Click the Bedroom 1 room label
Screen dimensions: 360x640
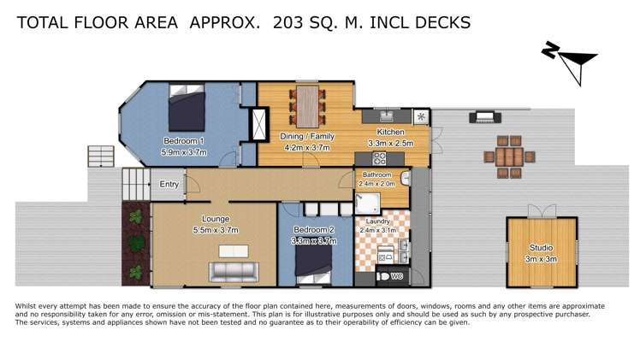click(x=183, y=141)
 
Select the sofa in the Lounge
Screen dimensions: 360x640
click(x=234, y=272)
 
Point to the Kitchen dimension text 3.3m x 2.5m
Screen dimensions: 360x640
click(x=390, y=144)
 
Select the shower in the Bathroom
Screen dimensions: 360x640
click(x=366, y=201)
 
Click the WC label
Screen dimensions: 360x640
click(x=396, y=276)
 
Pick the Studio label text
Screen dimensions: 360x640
click(x=540, y=248)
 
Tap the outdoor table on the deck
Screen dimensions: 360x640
click(x=509, y=156)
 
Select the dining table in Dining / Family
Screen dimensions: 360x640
click(x=305, y=106)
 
